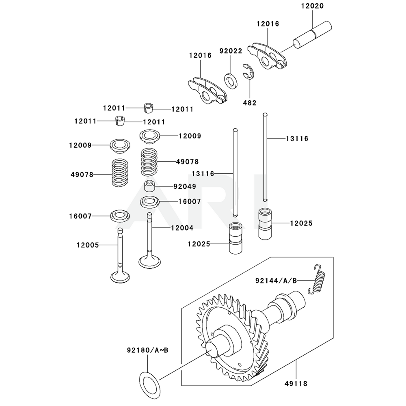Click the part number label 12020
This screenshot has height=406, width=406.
tap(312, 6)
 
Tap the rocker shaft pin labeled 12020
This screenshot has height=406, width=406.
tap(312, 35)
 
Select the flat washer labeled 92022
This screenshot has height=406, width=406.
tap(231, 80)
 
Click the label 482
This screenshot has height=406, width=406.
tap(249, 103)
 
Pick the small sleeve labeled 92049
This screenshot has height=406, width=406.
tap(150, 187)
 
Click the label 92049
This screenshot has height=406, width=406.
tap(185, 187)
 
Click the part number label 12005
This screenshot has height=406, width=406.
tap(87, 245)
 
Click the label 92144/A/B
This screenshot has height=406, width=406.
tap(276, 280)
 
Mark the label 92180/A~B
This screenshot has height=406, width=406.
tap(147, 350)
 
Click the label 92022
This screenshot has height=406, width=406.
tap(231, 51)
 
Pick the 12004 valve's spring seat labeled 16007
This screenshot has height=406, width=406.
tap(150, 202)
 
